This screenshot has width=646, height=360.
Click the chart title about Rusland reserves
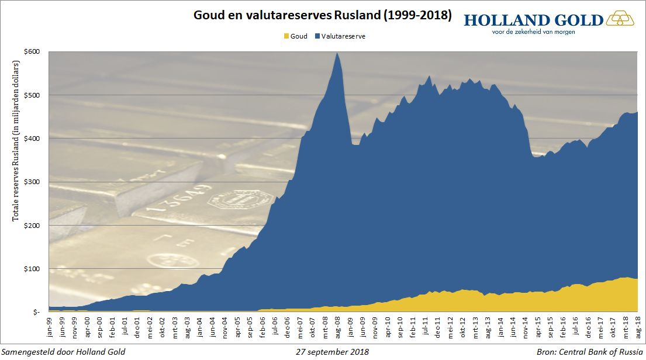(323, 15)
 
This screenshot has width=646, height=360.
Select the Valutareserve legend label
(343, 36)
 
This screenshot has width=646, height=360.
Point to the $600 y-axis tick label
(32, 51)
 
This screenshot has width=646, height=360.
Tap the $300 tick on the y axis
(32, 182)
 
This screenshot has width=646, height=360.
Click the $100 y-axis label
(32, 269)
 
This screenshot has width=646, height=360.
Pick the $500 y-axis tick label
(32, 95)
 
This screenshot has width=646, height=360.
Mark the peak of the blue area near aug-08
(337, 53)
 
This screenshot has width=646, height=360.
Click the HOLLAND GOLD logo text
(533, 20)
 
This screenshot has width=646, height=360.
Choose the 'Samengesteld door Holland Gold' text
(64, 352)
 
